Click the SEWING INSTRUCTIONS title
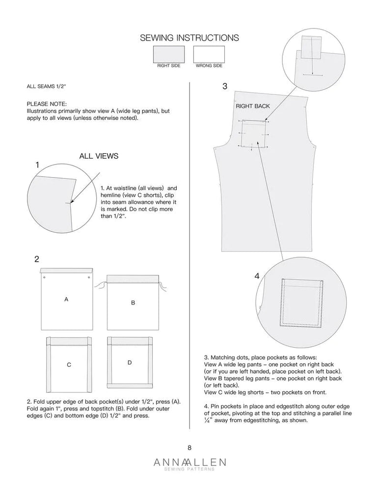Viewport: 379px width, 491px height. point(189,38)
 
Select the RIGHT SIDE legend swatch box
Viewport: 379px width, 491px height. point(168,54)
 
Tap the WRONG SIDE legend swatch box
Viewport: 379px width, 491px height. point(209,54)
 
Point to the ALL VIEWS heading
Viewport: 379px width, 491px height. point(99,156)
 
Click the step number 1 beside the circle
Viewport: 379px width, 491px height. point(37,165)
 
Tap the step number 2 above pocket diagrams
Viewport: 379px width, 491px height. point(37,259)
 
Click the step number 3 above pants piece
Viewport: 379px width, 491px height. point(225,86)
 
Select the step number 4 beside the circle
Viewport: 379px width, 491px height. point(257,276)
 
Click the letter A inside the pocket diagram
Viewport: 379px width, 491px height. point(66,299)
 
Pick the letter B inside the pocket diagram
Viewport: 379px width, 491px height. point(133,303)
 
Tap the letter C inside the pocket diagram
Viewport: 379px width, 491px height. point(69,365)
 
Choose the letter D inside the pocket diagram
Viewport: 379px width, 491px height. point(130,363)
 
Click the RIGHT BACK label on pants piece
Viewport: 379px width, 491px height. point(253,106)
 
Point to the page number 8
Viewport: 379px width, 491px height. point(189,447)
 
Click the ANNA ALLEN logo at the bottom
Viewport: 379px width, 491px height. point(189,463)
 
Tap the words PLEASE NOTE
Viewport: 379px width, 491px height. point(47,104)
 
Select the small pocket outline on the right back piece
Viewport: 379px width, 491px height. point(254,133)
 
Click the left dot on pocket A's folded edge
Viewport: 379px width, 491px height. point(44,278)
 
